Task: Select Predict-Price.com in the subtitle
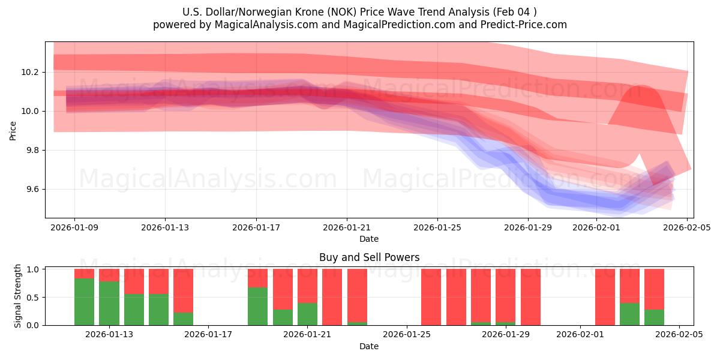[x=524, y=25]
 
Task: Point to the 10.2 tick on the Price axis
[x=30, y=72]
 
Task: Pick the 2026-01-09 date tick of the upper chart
[x=74, y=227]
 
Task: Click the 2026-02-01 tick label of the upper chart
[x=596, y=227]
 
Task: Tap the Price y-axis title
[x=13, y=130]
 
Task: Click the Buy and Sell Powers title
[x=369, y=257]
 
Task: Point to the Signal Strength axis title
[x=18, y=296]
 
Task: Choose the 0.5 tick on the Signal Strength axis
[x=32, y=297]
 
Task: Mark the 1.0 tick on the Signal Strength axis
[x=32, y=269]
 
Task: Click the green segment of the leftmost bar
[x=85, y=302]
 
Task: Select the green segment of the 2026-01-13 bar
[x=109, y=304]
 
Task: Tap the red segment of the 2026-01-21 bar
[x=307, y=286]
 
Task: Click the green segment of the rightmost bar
[x=654, y=317]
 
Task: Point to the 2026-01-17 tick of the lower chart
[x=208, y=334]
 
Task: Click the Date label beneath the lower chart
[x=369, y=346]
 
